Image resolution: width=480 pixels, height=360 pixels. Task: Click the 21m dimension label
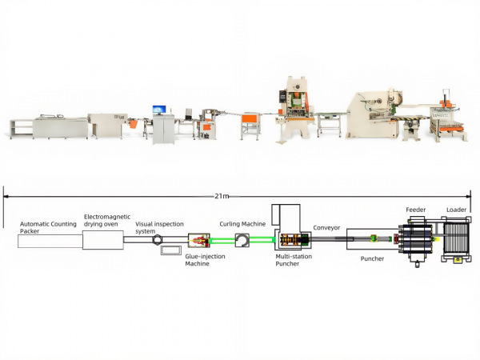(x=222, y=196)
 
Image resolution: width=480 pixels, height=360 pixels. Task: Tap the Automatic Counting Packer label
(x=48, y=227)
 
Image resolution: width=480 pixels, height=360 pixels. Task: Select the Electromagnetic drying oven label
(x=107, y=221)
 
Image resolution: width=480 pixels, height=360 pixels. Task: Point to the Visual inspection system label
(x=159, y=227)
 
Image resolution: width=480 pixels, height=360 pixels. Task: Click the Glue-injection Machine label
(x=205, y=260)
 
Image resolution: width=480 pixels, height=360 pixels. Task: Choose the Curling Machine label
(x=242, y=224)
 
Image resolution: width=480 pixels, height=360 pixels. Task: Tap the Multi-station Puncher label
(x=294, y=260)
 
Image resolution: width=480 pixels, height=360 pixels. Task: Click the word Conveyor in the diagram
(x=326, y=228)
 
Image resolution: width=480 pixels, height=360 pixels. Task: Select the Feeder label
(x=415, y=210)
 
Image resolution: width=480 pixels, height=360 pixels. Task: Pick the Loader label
(x=456, y=210)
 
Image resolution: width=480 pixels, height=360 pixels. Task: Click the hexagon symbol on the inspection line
(x=158, y=239)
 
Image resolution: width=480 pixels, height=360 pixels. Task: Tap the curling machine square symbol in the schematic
(x=242, y=240)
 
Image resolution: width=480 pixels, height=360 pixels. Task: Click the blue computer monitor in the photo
(x=159, y=110)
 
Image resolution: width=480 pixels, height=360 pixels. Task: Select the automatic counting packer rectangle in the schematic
(x=50, y=242)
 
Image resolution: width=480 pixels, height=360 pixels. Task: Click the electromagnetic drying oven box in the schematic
(x=103, y=240)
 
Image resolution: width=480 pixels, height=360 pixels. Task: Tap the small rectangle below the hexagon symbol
(x=171, y=250)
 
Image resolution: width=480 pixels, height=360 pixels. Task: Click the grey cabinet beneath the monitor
(x=163, y=130)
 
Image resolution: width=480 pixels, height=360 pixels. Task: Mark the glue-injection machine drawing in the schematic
(x=199, y=241)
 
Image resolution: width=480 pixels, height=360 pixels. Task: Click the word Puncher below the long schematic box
(x=372, y=258)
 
